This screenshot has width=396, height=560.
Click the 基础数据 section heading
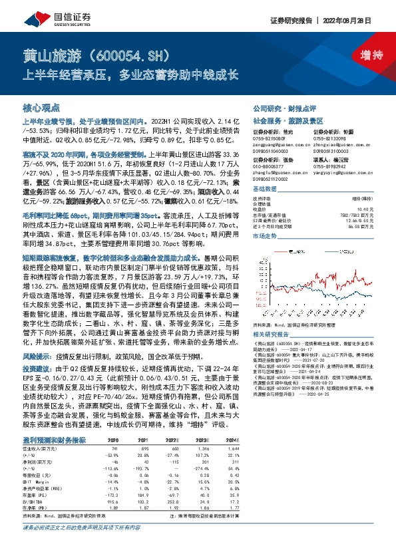(266, 190)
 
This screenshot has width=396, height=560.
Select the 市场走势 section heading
(266, 236)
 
